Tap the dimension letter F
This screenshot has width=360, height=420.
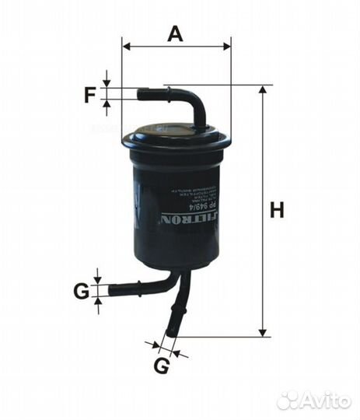[x=91, y=96]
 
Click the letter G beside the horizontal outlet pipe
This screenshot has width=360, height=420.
[x=81, y=292]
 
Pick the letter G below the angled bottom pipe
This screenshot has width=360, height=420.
[x=160, y=366]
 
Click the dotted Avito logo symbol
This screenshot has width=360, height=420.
[x=288, y=400]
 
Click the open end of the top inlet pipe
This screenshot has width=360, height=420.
[x=140, y=94]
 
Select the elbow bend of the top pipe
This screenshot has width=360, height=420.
[x=194, y=102]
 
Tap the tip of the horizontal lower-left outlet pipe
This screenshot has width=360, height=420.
[x=112, y=291]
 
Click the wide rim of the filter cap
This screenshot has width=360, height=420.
[x=177, y=141]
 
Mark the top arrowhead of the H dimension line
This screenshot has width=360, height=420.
[x=262, y=90]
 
